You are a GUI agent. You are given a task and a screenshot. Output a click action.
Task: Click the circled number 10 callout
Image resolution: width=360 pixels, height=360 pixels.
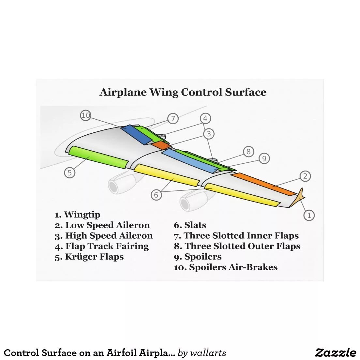coord(85,115)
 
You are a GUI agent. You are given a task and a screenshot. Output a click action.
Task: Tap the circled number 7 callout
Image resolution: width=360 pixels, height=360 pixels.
coord(173,119)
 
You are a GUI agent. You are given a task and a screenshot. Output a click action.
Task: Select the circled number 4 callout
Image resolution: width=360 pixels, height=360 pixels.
coord(205,118)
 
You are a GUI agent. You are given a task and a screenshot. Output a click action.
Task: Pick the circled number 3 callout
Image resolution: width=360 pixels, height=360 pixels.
coord(209,134)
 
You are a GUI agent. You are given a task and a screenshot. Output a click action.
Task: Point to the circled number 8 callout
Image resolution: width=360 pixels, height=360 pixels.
coord(248,152)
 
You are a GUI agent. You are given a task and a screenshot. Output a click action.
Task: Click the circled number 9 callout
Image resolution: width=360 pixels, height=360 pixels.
coord(264,159)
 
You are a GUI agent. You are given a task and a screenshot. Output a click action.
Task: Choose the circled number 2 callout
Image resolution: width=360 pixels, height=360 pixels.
coord(305,176)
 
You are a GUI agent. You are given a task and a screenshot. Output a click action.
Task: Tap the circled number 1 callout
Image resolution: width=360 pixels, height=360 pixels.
coord(309,215)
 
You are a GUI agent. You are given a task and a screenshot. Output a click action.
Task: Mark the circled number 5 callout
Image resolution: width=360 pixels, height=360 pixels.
coord(69,172)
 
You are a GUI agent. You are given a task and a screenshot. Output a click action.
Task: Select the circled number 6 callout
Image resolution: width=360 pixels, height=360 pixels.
coord(156,195)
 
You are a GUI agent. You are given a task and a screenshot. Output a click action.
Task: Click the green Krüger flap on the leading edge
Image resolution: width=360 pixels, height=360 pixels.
coord(98,157)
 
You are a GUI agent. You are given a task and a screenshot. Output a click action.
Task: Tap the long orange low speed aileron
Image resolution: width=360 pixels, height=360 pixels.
coord(264,184)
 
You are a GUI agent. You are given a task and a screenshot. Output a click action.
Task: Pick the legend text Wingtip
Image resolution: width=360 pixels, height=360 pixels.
coord(82,215)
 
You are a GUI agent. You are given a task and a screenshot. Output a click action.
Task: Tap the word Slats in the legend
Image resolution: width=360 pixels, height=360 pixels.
coord(195,225)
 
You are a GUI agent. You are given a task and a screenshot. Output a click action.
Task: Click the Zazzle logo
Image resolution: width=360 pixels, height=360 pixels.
coord(336,352)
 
